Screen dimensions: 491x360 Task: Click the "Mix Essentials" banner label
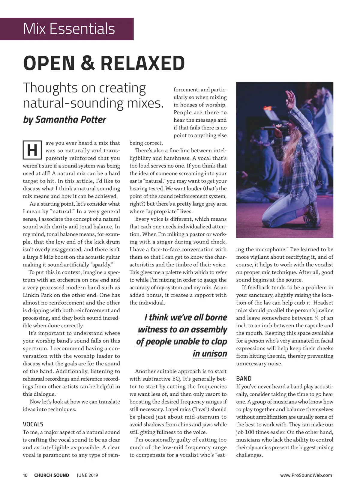[69, 29]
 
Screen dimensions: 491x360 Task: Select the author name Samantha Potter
[70, 120]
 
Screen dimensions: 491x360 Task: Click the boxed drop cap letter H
[32, 150]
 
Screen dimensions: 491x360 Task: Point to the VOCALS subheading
[33, 424]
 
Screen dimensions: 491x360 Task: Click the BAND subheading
[244, 379]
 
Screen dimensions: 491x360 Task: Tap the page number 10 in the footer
[25, 475]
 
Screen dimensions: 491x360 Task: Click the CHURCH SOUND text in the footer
[52, 475]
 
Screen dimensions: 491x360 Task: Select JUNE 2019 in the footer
[87, 475]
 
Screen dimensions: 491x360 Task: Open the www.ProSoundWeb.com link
[306, 475]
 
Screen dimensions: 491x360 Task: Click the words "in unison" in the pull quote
[210, 354]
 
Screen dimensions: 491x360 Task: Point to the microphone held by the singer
[271, 128]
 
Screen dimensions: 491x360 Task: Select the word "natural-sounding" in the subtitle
[73, 103]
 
